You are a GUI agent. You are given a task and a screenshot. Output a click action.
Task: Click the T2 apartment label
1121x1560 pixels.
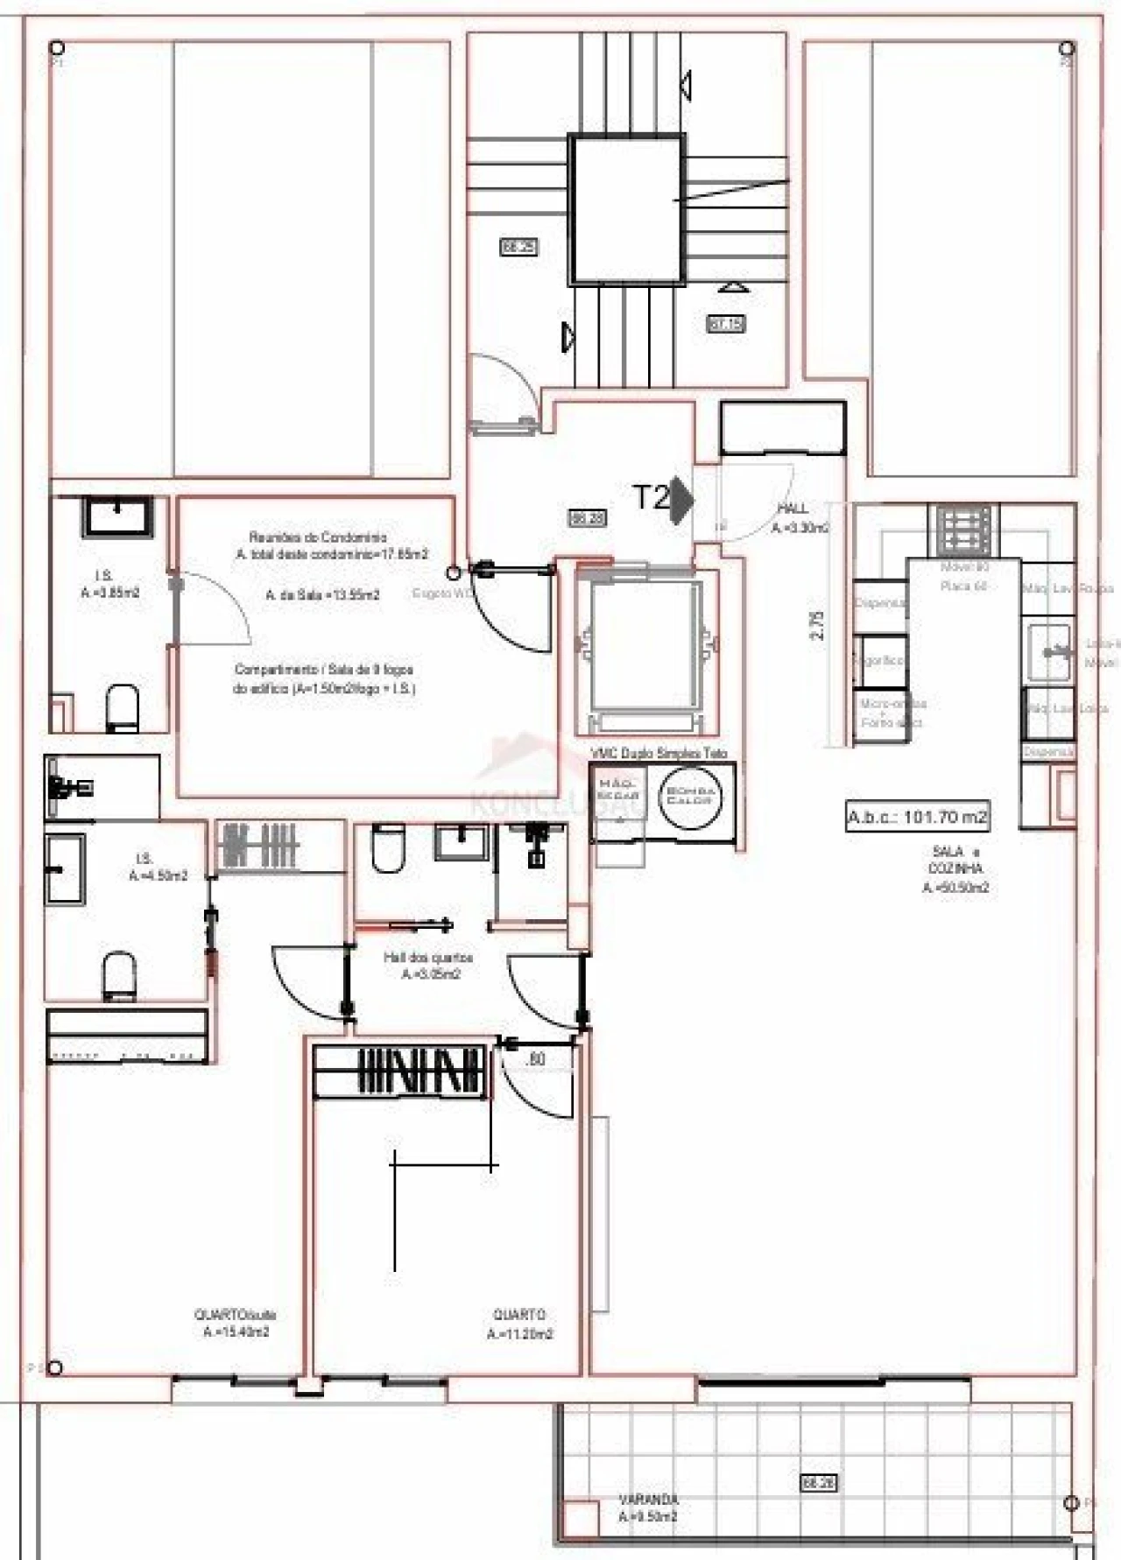pos(652,497)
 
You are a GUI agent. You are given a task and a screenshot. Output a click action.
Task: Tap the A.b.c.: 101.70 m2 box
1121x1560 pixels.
pos(917,817)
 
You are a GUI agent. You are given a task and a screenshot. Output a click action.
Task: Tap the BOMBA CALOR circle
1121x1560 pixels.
pos(691,796)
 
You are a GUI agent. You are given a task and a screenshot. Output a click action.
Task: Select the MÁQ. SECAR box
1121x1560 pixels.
pos(619,791)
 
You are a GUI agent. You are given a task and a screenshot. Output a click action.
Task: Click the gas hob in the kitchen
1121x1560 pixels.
pos(966,531)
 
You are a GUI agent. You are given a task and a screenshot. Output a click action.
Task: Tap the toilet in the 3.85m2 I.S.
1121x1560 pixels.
pos(123,707)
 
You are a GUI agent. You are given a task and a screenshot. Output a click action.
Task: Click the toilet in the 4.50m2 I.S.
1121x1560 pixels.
pos(119,975)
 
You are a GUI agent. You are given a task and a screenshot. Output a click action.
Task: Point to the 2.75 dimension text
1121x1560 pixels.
pos(818,625)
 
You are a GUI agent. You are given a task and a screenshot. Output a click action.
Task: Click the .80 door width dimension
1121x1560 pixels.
pos(536,1059)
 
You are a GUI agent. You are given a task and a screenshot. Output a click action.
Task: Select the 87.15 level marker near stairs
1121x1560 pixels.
pos(726,324)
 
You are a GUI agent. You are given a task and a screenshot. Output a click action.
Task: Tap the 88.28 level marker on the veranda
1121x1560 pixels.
pos(818,1482)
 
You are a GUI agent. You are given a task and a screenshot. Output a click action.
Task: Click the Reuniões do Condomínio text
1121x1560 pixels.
pos(317,537)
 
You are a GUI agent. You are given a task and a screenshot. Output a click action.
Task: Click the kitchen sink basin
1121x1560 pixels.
pos(1049,651)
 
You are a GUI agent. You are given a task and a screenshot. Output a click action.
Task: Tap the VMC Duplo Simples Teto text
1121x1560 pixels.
pos(659,753)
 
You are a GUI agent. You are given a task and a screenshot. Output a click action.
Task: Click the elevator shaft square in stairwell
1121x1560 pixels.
pos(625,209)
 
